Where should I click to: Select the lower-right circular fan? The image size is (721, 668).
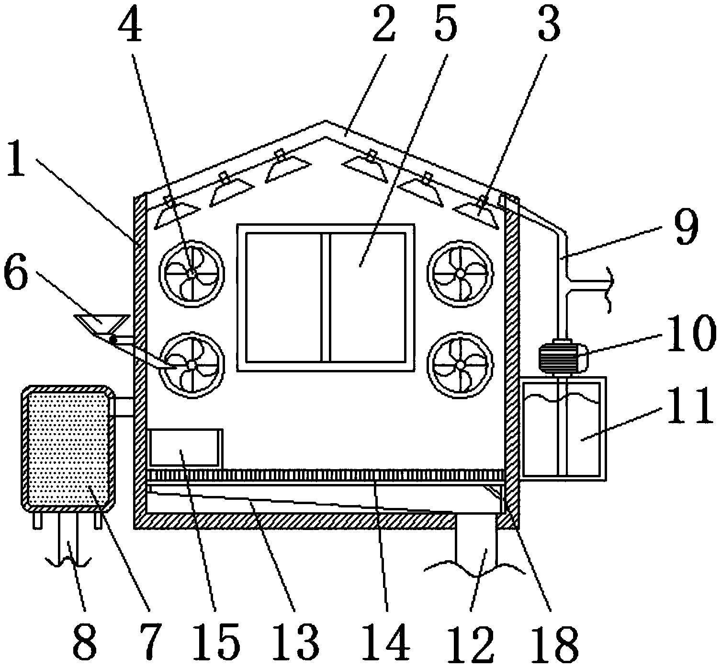(x=460, y=364)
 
